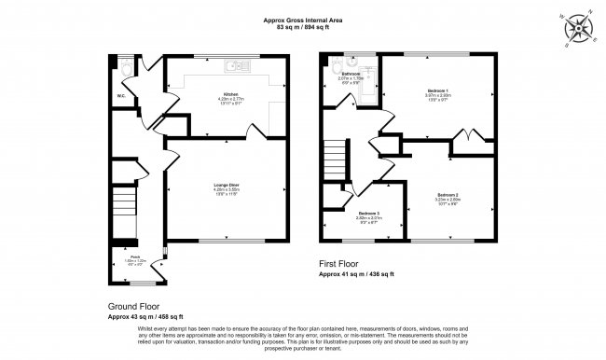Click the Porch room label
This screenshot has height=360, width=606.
(x=134, y=258)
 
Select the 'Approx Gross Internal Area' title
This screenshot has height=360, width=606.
(x=304, y=20)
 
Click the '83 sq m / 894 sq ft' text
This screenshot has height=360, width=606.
(x=304, y=28)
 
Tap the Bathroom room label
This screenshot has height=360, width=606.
(x=351, y=73)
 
